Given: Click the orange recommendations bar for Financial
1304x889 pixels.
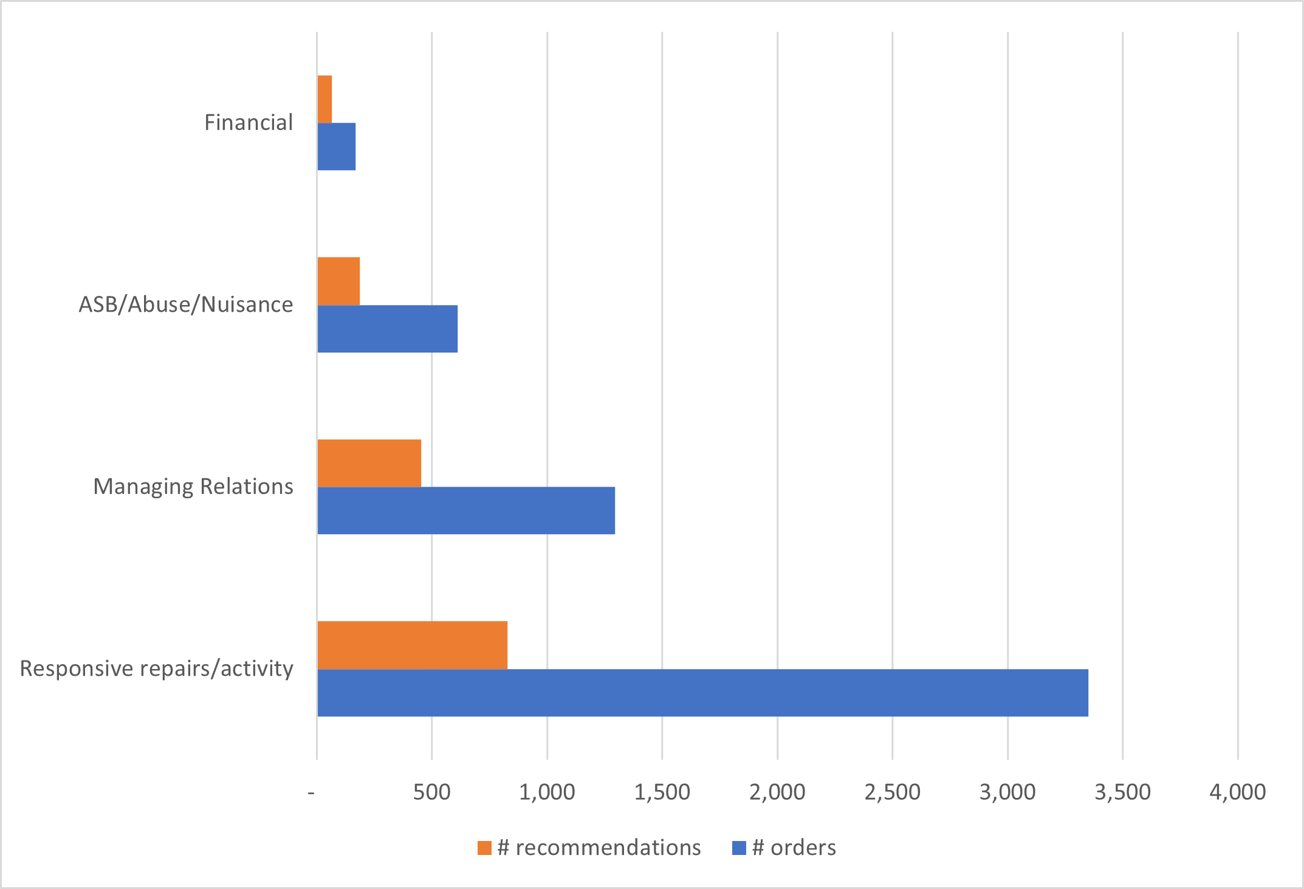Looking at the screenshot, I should tap(325, 99).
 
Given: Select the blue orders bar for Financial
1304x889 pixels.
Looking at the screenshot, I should tap(337, 146).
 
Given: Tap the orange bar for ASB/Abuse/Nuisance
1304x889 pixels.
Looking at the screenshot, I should tap(338, 281).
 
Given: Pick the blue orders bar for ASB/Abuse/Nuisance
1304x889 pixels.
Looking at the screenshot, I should tap(388, 329).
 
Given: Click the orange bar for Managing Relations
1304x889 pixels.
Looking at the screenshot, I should tap(369, 463).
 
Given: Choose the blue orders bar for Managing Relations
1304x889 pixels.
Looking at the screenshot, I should tap(466, 510).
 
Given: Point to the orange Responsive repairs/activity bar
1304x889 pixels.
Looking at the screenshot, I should tap(413, 645).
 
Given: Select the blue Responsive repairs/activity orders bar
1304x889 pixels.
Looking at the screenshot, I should tap(703, 693).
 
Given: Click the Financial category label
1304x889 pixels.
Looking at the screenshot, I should tap(249, 123).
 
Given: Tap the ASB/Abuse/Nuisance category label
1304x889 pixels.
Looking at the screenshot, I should tap(186, 304).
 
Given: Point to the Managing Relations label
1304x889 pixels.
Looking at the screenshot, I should tap(193, 487).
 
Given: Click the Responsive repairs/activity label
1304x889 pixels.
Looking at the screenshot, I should tap(157, 668).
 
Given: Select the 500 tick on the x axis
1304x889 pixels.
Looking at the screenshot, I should tap(432, 792).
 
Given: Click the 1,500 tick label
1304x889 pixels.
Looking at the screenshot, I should tap(662, 792).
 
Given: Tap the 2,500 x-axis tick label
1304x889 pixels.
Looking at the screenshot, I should tap(892, 792).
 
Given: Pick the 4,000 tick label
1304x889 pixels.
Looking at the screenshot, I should tap(1237, 792).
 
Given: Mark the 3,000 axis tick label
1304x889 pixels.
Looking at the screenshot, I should tap(1007, 792).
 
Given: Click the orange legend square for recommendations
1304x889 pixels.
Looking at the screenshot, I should tap(484, 848).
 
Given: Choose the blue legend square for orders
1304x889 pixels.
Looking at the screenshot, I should tap(739, 848).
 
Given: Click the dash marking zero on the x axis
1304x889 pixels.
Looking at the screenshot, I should tap(312, 793).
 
